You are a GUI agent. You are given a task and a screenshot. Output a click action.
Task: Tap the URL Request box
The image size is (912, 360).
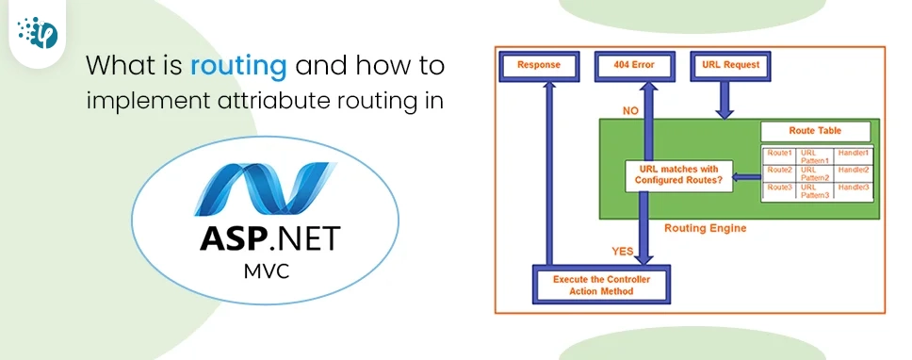[731, 66]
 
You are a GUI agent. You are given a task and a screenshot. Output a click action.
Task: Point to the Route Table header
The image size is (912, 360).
[815, 132]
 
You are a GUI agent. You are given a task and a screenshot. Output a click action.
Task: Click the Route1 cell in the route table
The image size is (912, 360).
[779, 154]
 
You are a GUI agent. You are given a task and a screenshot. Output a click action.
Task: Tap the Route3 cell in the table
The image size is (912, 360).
[779, 188]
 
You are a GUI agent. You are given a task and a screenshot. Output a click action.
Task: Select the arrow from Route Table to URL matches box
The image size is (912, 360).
[748, 174]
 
